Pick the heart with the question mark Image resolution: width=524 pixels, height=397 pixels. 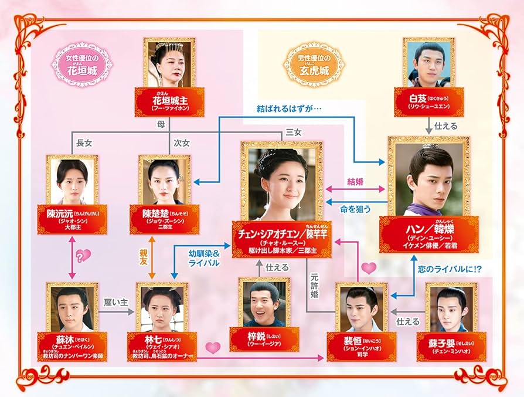[x=83, y=255]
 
